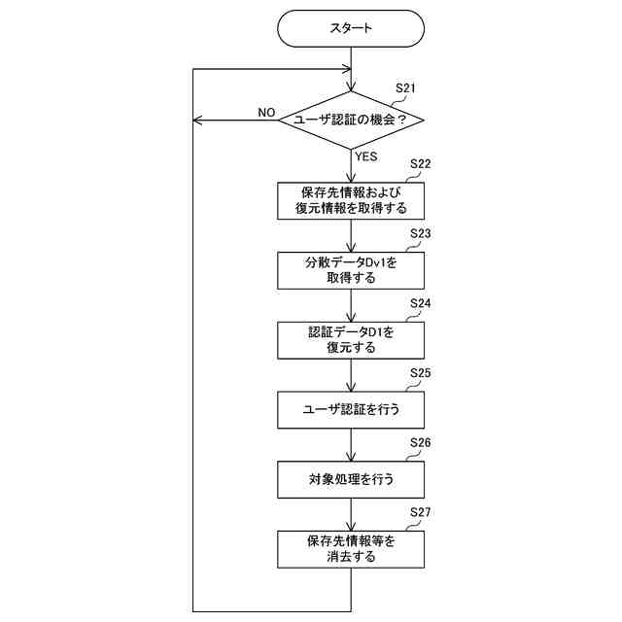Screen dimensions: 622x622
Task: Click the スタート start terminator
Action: point(351,28)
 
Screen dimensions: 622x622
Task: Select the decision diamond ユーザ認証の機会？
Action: point(351,120)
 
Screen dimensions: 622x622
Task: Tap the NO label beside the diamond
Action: point(266,113)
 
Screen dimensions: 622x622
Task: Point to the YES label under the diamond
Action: point(366,155)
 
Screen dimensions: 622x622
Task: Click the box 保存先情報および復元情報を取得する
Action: point(351,200)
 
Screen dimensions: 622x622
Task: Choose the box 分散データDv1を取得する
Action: point(351,270)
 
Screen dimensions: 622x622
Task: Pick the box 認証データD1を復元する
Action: point(351,339)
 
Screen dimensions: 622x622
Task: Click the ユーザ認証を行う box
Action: point(351,409)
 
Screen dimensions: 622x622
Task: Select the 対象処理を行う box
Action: point(351,479)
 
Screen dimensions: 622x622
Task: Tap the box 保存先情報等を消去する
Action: point(351,549)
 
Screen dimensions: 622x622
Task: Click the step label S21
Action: point(405,88)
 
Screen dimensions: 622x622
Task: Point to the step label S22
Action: point(421,163)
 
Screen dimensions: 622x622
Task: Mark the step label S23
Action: point(421,234)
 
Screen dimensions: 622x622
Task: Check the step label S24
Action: point(421,303)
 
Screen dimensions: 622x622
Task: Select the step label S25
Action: point(421,373)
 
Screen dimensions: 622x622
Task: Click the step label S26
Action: point(421,442)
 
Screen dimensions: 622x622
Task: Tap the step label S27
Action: point(421,512)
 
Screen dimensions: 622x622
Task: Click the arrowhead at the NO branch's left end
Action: point(198,120)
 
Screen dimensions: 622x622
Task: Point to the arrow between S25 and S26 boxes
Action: point(351,445)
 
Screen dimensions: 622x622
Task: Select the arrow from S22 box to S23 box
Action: point(351,236)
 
